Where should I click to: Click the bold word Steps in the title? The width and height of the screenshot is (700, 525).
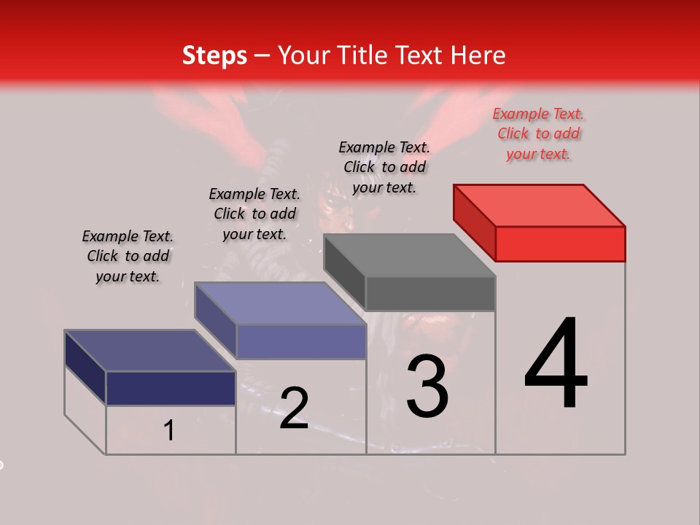(x=214, y=55)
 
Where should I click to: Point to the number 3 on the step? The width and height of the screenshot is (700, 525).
(x=427, y=386)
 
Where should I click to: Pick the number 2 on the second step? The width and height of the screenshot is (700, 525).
(x=294, y=408)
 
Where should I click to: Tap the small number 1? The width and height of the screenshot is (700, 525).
(x=169, y=430)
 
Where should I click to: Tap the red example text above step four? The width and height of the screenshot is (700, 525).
(x=538, y=134)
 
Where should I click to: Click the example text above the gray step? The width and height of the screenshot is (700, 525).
(x=384, y=167)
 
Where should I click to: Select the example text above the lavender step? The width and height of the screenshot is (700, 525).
(x=254, y=214)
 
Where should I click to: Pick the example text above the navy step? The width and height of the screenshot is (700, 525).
(x=128, y=256)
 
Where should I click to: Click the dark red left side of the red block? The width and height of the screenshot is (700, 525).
(x=474, y=222)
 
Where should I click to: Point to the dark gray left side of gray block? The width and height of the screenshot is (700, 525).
(x=344, y=271)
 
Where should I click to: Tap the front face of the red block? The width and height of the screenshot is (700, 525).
(x=560, y=244)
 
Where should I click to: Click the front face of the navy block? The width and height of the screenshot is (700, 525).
(x=171, y=388)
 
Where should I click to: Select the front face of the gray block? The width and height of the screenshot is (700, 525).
(x=430, y=293)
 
